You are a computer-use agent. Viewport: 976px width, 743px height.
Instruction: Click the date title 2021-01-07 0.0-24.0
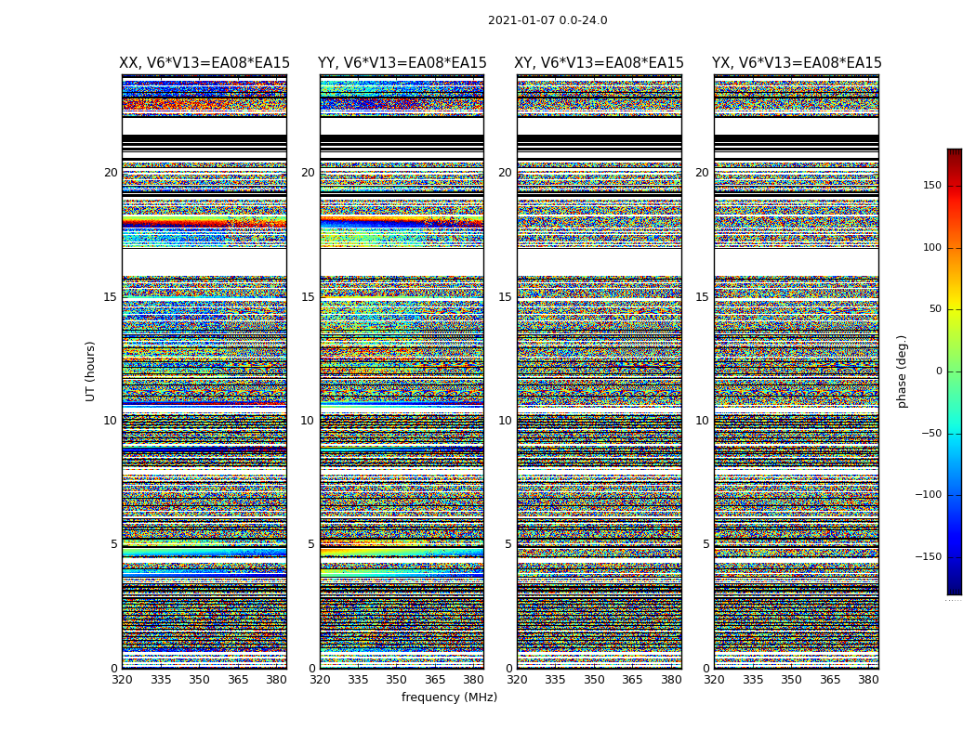[x=547, y=20]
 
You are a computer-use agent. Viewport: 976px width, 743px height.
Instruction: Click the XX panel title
[x=204, y=63]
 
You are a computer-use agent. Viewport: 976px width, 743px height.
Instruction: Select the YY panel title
[x=402, y=63]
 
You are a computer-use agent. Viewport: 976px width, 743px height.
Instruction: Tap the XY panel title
[x=599, y=63]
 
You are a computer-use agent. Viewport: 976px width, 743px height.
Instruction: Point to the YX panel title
[x=797, y=63]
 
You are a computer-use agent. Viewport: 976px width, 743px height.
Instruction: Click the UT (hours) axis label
[x=90, y=371]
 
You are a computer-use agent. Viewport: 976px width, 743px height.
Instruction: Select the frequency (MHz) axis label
[x=449, y=697]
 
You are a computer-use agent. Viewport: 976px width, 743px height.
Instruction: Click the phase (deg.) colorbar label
[x=902, y=371]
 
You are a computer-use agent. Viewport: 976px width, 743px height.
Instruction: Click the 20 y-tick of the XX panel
[x=111, y=173]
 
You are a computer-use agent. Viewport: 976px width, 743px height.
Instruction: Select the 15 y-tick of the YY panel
[x=308, y=297]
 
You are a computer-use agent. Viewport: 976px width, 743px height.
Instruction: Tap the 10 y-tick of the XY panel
[x=505, y=421]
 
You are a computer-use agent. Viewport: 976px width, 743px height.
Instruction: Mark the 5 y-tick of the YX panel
[x=706, y=544]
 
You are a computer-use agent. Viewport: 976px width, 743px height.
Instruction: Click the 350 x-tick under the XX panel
[x=200, y=680]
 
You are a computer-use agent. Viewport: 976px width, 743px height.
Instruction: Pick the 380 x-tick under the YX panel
[x=868, y=680]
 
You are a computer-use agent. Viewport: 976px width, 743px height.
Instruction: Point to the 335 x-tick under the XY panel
[x=556, y=680]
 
